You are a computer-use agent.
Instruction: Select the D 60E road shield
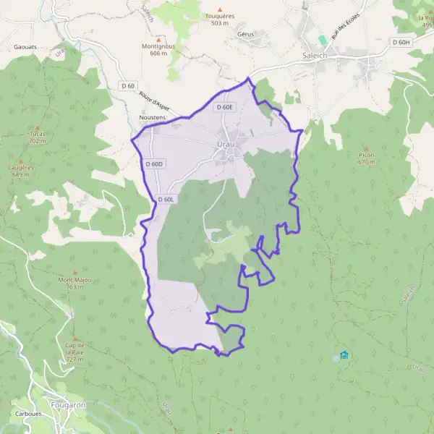tap(225, 107)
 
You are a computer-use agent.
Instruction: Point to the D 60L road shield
tap(166, 200)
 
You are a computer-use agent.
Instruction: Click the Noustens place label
tap(153, 117)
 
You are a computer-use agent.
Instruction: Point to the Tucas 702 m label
tap(38, 137)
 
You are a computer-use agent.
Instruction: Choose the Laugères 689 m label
tap(21, 171)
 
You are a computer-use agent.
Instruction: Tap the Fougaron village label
tap(69, 406)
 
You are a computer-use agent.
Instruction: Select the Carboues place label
tap(27, 414)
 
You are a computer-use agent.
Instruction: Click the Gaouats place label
tap(25, 46)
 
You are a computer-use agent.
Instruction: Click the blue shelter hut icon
tap(344, 355)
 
